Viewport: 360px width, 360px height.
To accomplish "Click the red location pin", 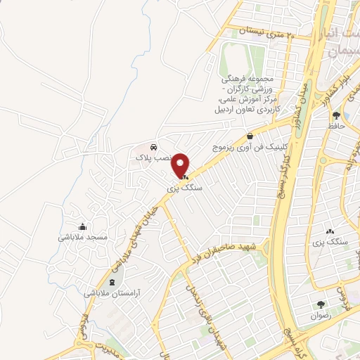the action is [181, 165].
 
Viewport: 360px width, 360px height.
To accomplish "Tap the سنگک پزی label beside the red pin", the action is [179, 188].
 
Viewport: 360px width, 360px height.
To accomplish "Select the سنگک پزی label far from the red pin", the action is [329, 242].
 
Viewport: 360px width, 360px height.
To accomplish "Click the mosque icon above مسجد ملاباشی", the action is [84, 226].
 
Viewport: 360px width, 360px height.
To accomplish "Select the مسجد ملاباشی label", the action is [83, 238].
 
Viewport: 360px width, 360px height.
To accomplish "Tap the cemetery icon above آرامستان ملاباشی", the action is [115, 281].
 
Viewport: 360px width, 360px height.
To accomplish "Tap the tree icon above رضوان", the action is [321, 305].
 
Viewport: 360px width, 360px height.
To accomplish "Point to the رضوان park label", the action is [321, 316].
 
